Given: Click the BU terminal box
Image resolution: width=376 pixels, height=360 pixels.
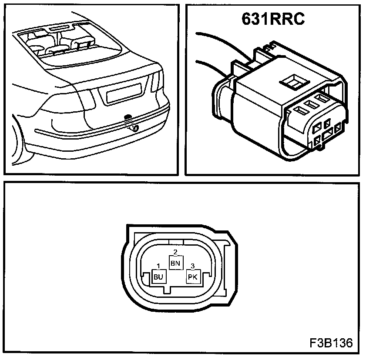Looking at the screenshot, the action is coord(158,277).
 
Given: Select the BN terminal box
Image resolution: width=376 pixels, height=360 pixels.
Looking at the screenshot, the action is coord(175,263).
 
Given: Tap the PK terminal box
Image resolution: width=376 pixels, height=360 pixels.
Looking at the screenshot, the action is coord(193,277).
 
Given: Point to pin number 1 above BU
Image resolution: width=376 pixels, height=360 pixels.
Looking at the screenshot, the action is coord(158,266).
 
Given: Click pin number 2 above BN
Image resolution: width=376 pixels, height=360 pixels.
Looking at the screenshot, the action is coord(175,252).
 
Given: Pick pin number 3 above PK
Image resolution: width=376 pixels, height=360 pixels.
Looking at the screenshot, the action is coord(193,266).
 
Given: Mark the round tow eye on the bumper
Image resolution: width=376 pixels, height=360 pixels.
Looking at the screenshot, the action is coord(135,128).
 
